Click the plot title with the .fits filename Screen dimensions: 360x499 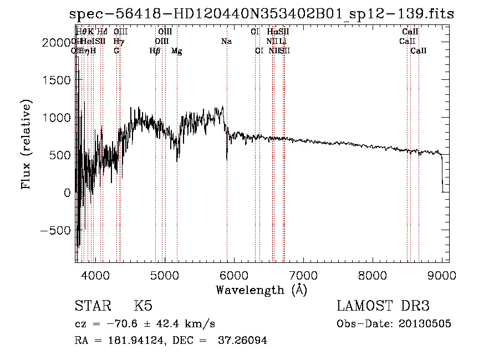coord(262,14)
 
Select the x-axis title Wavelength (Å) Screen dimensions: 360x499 coord(261,290)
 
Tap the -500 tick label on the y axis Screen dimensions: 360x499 coord(55,230)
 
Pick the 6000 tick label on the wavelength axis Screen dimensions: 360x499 coord(234,275)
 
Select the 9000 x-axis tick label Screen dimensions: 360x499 coord(442,275)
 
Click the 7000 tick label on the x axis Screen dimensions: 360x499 coord(303,275)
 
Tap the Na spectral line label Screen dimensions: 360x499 coord(226,42)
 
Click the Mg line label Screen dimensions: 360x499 coord(177,51)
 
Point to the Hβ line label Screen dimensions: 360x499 coord(155,51)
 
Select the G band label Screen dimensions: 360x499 coord(116,51)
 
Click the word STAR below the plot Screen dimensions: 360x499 coord(91,306)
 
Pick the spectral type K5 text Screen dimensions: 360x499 coord(143,306)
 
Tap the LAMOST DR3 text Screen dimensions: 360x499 coord(383,306)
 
